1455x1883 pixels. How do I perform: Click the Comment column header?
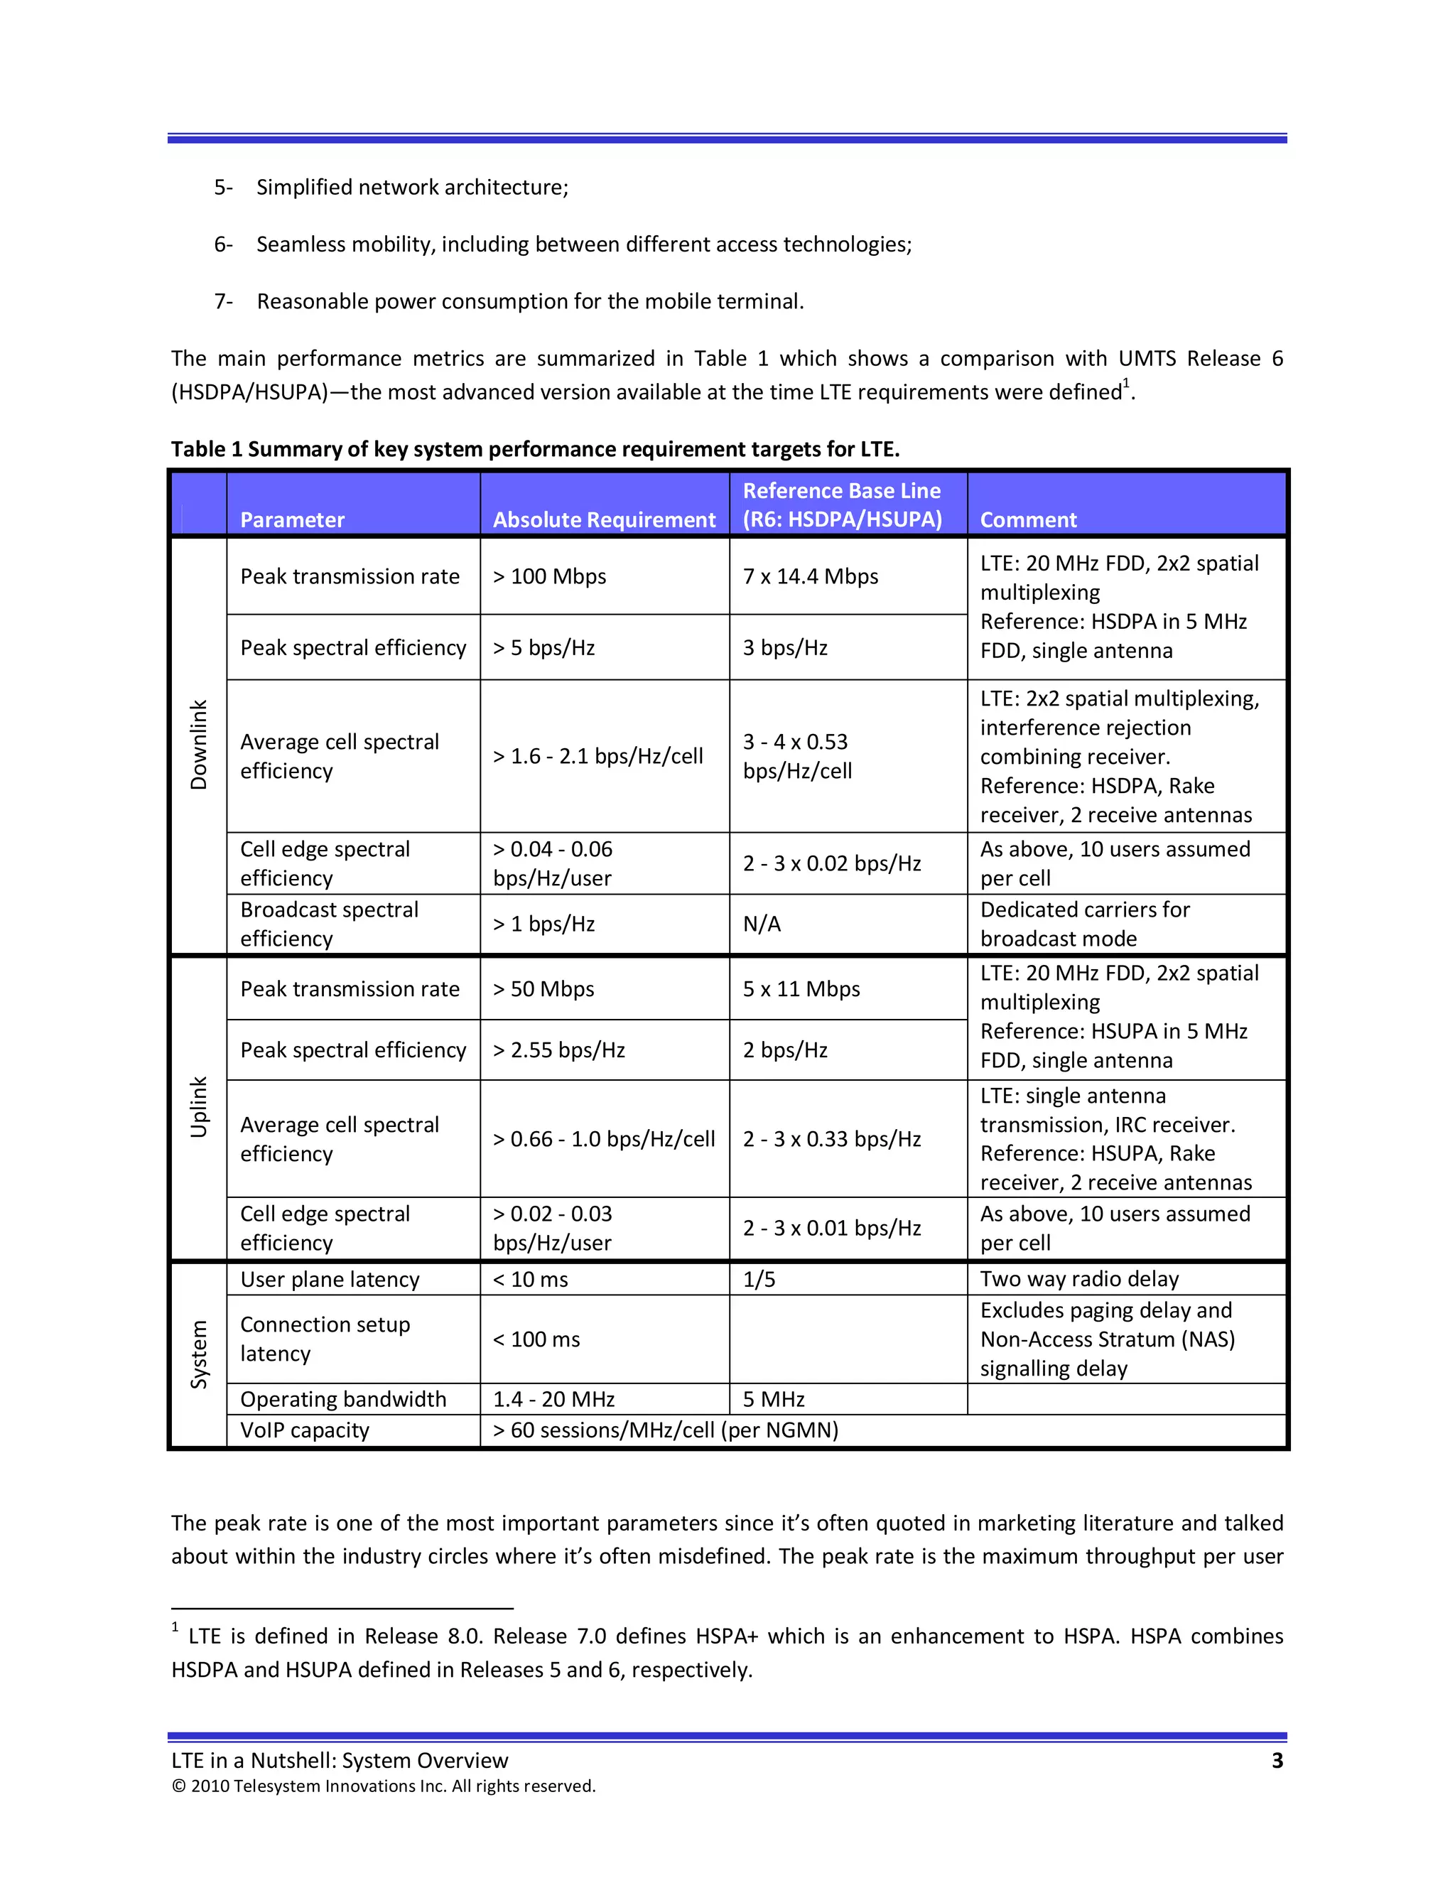click(1027, 520)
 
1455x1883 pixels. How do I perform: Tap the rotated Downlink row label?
click(199, 744)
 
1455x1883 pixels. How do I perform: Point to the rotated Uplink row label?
click(199, 1106)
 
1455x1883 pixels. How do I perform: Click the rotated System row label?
click(199, 1354)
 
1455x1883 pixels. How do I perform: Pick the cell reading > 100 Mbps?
click(549, 576)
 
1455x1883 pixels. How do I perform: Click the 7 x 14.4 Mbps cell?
click(810, 576)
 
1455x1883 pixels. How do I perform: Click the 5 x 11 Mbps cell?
click(801, 989)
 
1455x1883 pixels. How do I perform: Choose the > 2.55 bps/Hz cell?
click(558, 1050)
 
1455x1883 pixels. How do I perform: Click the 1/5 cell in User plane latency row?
click(759, 1280)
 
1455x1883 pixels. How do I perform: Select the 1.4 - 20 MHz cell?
click(553, 1398)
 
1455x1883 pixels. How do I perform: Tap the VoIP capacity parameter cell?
click(304, 1430)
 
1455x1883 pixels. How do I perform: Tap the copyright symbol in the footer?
click(178, 1786)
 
